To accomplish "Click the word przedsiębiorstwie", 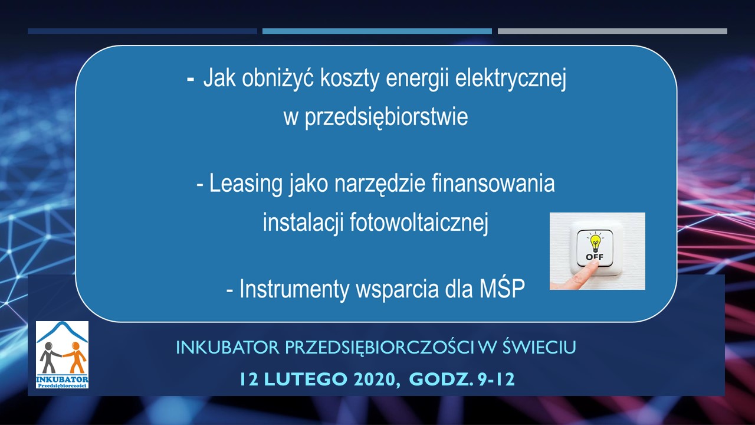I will [x=375, y=117].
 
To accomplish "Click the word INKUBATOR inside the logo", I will [x=62, y=378].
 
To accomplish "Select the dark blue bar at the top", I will [x=142, y=31].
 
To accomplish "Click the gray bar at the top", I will [x=612, y=31].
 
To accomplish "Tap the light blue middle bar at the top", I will [x=377, y=31].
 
